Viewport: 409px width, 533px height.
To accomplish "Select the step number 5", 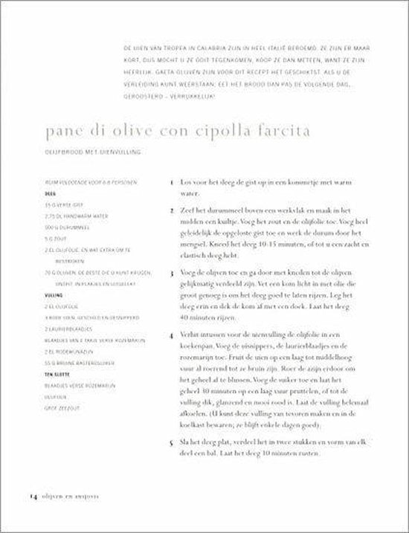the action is pyautogui.click(x=171, y=441).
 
